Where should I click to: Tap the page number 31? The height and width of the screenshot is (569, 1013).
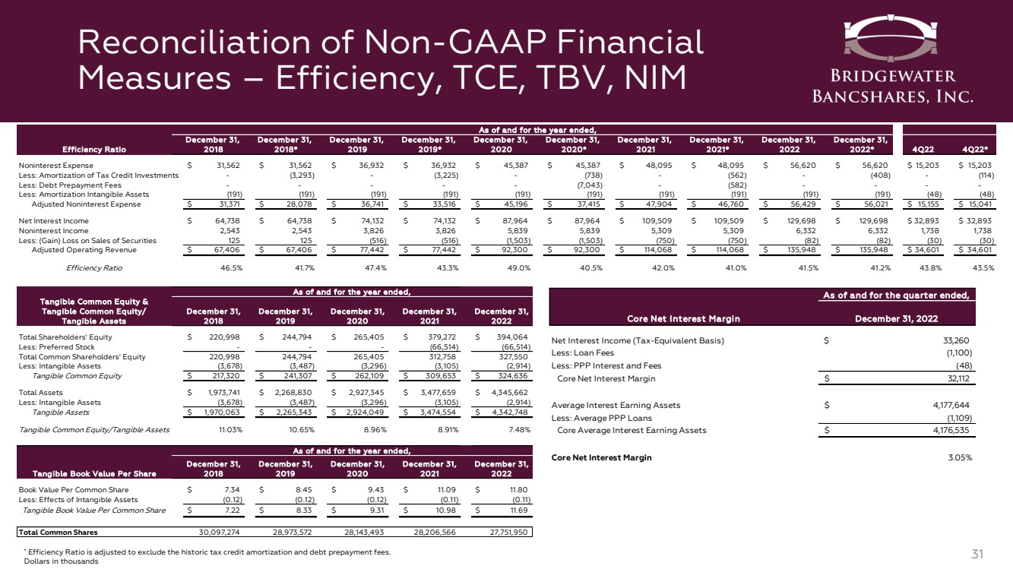click(987, 554)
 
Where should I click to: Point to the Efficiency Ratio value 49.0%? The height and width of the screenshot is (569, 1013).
click(499, 267)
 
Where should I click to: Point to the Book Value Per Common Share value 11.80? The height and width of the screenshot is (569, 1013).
click(517, 490)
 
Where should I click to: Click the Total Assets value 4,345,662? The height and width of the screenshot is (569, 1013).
click(507, 393)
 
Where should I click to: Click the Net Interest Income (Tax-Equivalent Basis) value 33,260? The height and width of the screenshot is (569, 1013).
click(959, 340)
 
